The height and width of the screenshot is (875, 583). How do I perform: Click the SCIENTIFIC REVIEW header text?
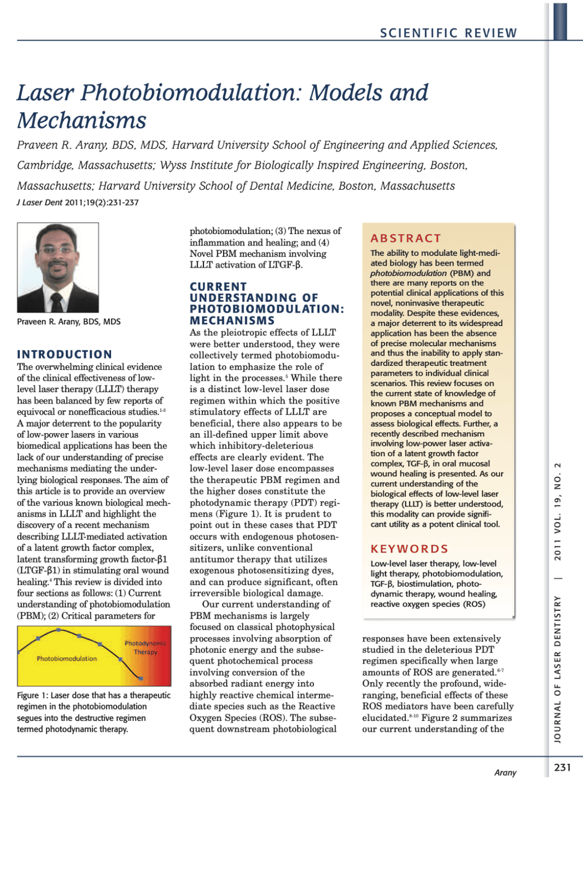pos(448,33)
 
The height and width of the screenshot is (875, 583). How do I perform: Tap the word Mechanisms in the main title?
pos(82,120)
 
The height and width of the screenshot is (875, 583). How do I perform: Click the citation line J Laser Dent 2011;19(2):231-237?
pos(78,202)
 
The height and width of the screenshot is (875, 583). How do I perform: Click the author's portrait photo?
pos(58,267)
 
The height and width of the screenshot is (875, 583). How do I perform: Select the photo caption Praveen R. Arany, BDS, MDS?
pos(69,322)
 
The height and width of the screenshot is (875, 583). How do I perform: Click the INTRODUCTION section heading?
pos(65,354)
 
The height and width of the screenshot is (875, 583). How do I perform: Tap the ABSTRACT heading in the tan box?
pos(406,238)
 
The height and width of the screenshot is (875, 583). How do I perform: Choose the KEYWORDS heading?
pos(410,549)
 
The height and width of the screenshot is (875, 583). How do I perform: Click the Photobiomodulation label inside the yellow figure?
pos(67,658)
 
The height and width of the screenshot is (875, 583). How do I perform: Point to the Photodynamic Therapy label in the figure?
pos(145,647)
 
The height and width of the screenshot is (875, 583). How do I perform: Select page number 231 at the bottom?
pos(562,768)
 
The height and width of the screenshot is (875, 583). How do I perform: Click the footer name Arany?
pos(505,773)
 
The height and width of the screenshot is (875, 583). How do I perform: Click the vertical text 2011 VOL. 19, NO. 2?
pos(558,511)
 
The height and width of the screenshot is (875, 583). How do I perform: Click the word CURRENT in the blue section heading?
pos(218,287)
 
